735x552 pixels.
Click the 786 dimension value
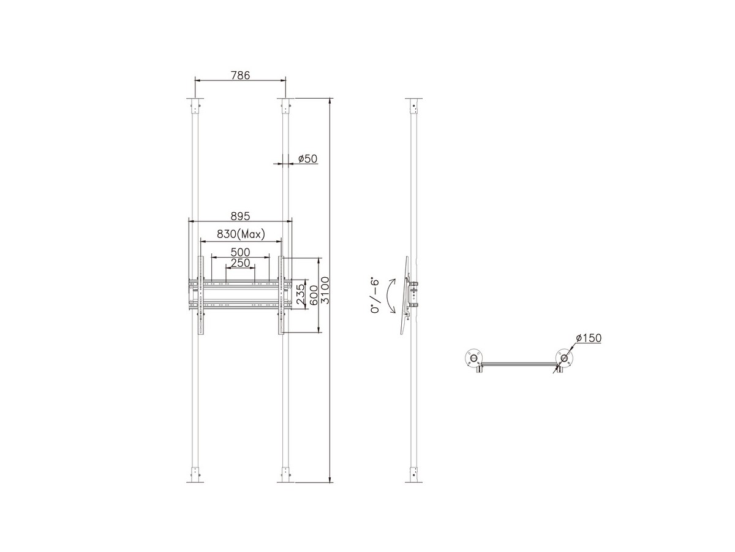tap(240, 75)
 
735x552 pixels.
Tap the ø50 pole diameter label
tap(307, 158)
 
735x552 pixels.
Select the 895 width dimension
tap(240, 216)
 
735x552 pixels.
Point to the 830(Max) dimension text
tap(241, 234)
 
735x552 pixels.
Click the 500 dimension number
tap(240, 252)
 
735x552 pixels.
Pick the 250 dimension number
tap(240, 263)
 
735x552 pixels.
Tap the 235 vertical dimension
tap(301, 294)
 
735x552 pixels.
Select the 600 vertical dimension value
tap(314, 295)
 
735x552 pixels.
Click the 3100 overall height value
tap(325, 290)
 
